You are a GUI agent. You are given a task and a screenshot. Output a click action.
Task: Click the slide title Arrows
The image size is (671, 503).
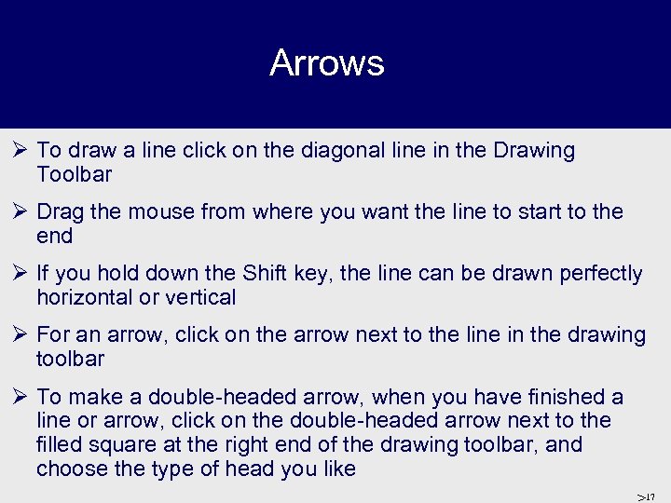coord(326,63)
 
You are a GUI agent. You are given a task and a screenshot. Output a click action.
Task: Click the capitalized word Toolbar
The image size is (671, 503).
coord(75,175)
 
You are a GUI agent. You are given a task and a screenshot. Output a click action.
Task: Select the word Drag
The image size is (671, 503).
coord(61,212)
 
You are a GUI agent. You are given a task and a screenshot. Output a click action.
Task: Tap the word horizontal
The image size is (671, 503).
coord(88,298)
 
